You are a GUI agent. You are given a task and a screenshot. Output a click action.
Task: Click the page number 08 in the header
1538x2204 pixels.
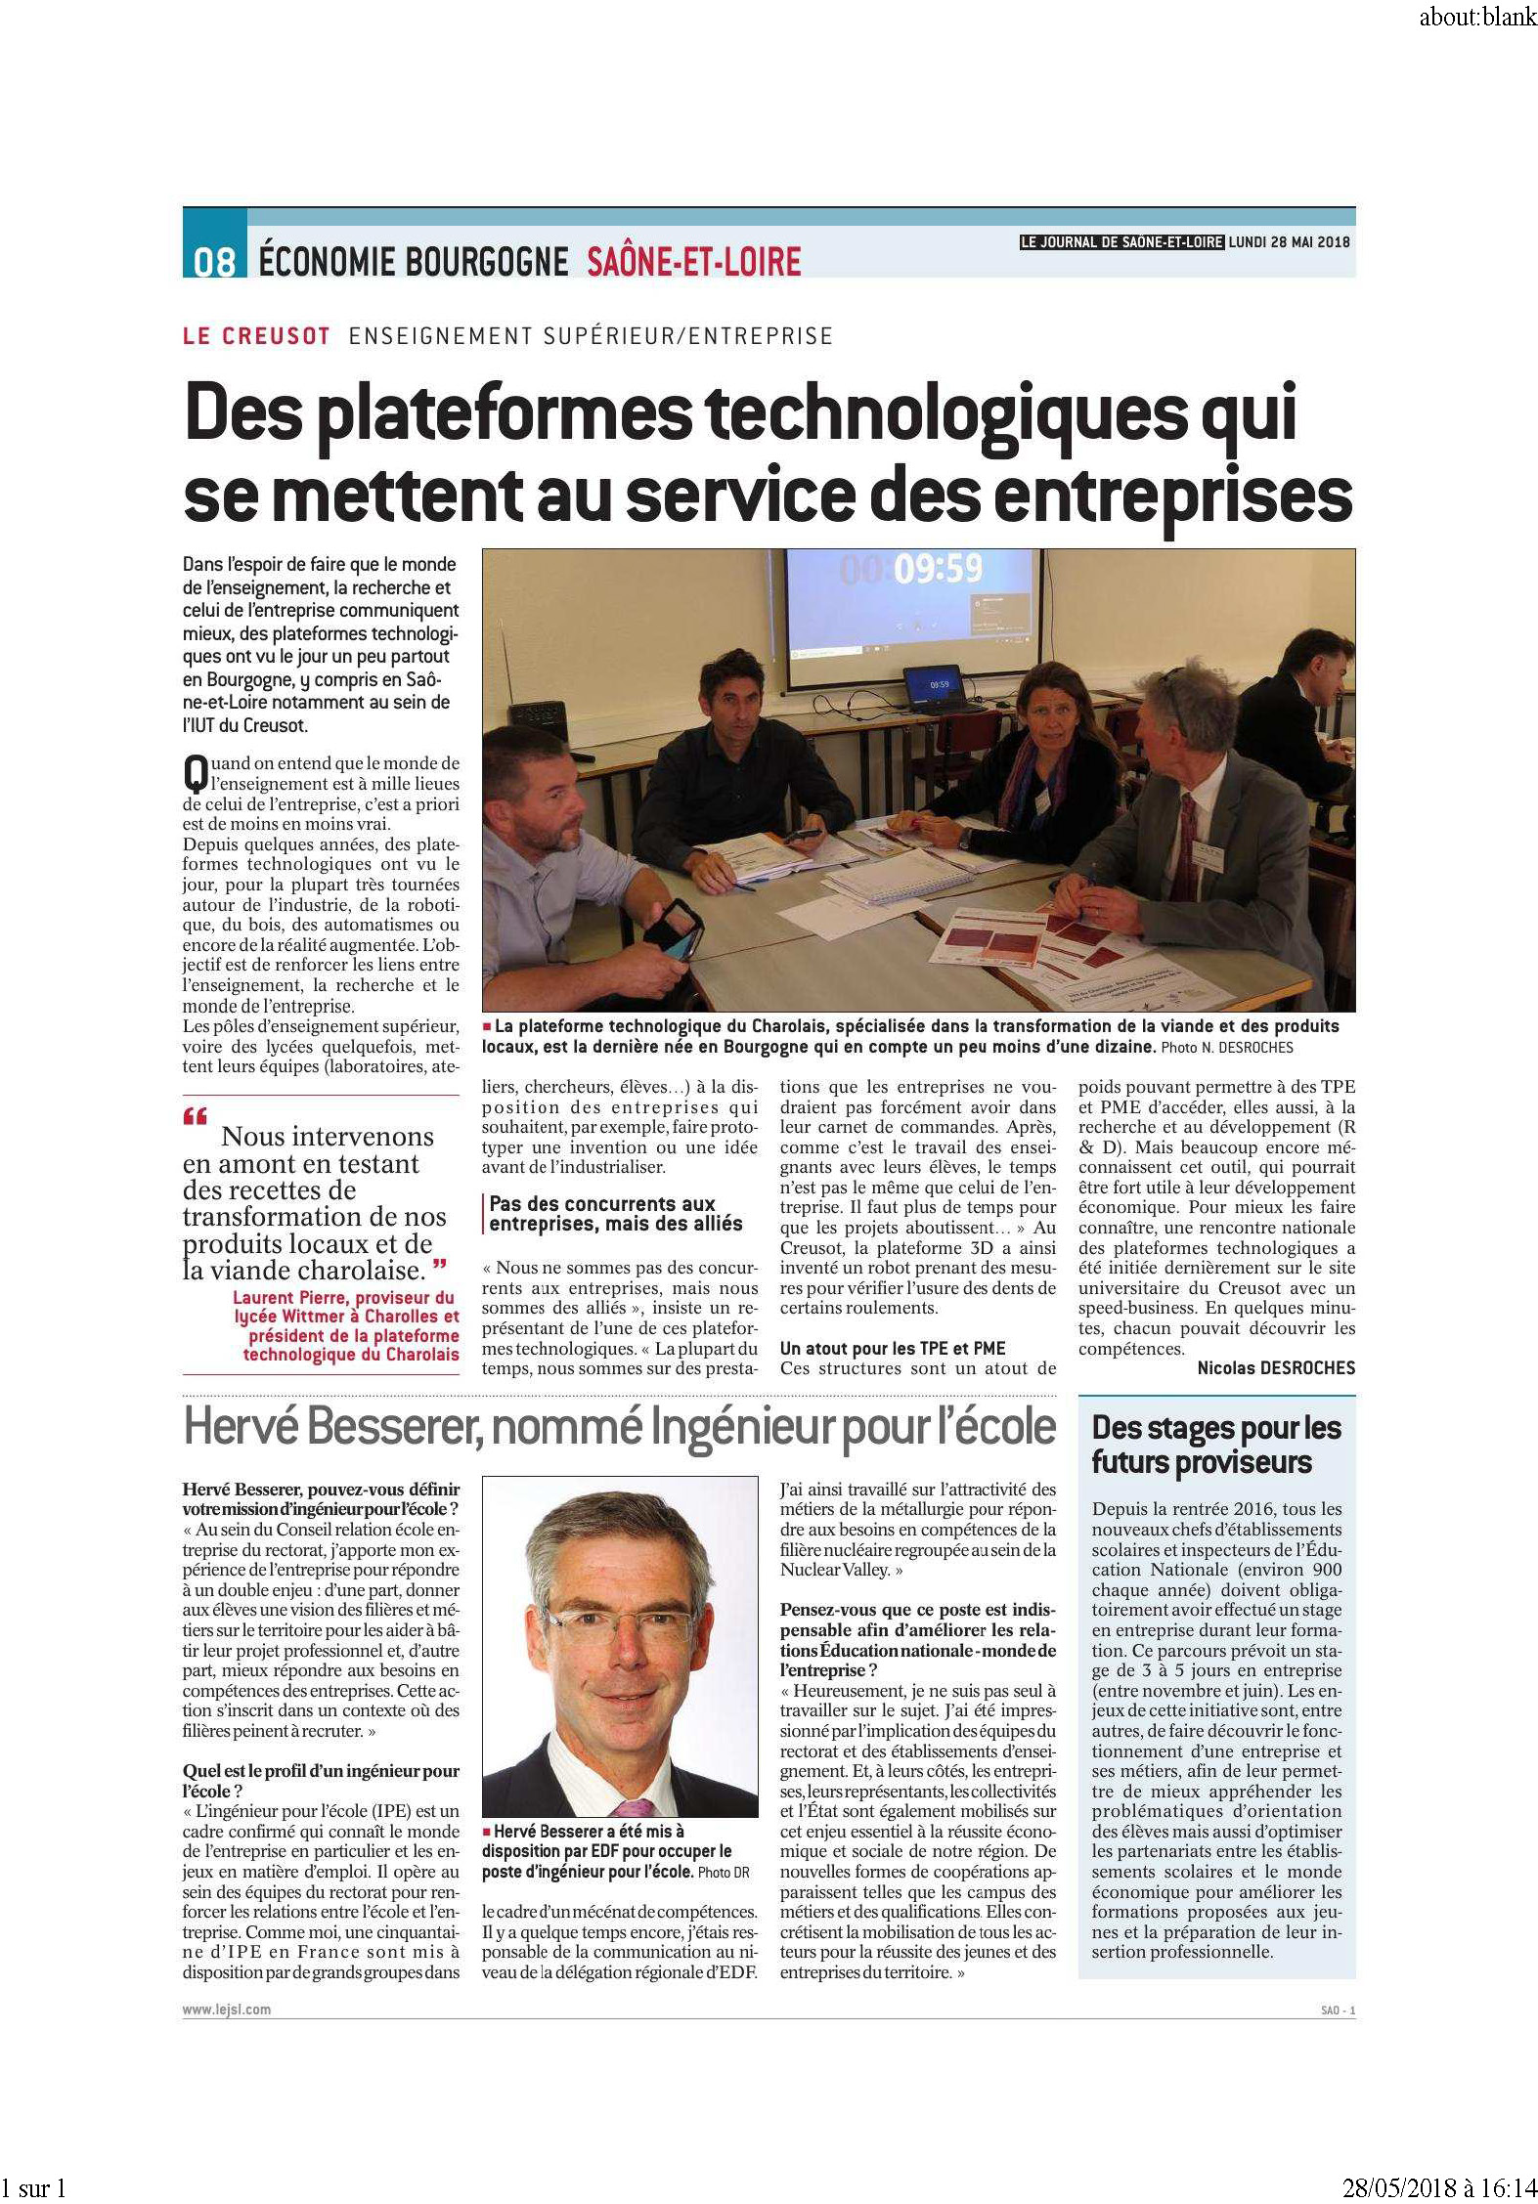coord(214,261)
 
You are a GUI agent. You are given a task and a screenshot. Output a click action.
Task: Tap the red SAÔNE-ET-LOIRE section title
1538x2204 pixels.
coord(693,261)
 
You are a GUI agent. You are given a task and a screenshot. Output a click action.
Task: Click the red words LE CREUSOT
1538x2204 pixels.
coord(256,336)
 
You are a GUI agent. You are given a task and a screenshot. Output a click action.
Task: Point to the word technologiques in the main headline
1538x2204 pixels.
coord(944,414)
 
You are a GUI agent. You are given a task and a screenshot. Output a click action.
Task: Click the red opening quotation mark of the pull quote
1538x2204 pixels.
coord(195,1115)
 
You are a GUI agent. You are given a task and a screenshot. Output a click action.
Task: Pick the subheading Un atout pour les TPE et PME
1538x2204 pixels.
coord(893,1348)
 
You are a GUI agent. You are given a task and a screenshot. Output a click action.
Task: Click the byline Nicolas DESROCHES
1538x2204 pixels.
coord(1276,1368)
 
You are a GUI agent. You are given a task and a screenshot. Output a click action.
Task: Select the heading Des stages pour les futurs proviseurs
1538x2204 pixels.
coord(1216,1445)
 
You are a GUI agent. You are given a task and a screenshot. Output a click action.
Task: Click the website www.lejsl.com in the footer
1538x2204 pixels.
coord(226,2010)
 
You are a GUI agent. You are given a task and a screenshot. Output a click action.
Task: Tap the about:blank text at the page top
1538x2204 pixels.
coord(1477,18)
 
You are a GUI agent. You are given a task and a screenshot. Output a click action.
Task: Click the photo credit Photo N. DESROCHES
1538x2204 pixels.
coord(1226,1048)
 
